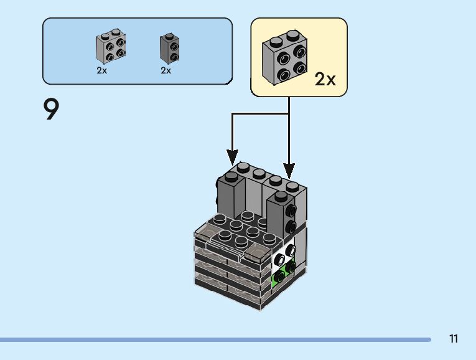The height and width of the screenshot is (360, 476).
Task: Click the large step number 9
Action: point(51,109)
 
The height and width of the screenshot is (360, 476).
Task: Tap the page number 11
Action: point(454,339)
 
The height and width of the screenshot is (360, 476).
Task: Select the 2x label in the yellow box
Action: point(325,79)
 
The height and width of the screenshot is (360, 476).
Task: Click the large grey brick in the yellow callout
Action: point(285,57)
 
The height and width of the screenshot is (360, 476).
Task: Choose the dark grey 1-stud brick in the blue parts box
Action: point(169,49)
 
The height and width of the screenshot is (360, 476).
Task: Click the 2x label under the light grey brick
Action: point(101,70)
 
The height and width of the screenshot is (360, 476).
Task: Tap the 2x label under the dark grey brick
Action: point(166,70)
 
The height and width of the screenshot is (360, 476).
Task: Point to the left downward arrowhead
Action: point(232,158)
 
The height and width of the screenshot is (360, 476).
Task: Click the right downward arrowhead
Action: point(289,171)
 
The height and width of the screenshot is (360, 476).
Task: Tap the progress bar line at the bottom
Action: point(215,339)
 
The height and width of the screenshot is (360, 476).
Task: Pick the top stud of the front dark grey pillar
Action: point(281,196)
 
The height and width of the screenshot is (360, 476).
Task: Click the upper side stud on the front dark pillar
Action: point(291,210)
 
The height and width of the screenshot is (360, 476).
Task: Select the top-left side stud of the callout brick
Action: point(284,59)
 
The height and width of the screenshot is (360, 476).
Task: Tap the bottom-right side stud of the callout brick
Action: point(301,68)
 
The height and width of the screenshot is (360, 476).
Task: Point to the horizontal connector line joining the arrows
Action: point(261,114)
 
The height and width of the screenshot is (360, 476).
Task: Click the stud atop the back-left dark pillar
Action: point(231,177)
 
